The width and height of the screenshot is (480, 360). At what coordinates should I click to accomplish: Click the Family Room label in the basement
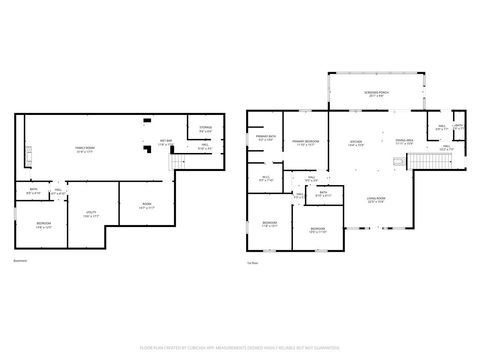click(x=84, y=150)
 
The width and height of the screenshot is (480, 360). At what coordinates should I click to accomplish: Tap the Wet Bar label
click(x=166, y=141)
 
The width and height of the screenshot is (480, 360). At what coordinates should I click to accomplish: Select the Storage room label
click(x=205, y=129)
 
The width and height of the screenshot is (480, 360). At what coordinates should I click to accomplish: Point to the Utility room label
click(x=90, y=214)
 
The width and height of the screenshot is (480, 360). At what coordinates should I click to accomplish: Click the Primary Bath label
click(x=265, y=139)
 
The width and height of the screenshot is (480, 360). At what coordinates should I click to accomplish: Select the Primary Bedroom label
click(x=306, y=143)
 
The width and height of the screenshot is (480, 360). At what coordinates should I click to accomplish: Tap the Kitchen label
click(x=355, y=143)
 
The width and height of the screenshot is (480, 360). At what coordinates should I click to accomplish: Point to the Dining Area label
click(x=404, y=142)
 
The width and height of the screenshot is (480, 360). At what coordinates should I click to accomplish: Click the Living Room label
click(x=376, y=201)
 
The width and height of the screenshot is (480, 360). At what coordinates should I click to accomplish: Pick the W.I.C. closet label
click(x=266, y=180)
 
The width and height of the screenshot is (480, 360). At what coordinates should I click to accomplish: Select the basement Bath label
click(x=34, y=192)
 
